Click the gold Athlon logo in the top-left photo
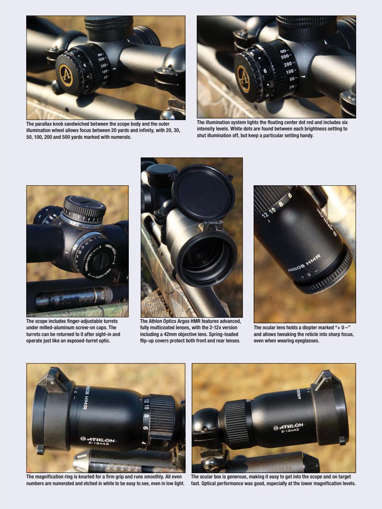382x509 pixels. point(66,74)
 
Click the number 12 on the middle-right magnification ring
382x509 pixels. point(266,215)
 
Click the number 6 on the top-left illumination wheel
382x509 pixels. point(85,65)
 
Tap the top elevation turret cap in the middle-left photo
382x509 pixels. point(85,207)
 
